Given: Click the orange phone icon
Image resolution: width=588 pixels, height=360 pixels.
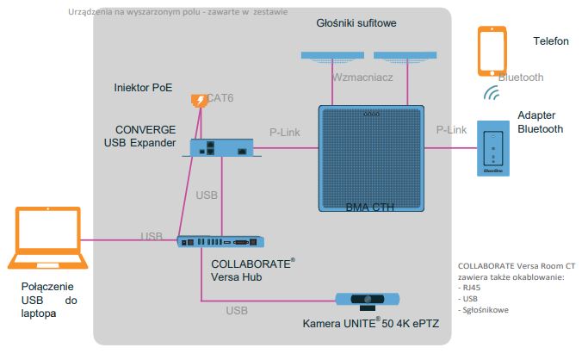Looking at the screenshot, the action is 492,51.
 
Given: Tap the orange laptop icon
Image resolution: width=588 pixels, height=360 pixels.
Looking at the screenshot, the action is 48,238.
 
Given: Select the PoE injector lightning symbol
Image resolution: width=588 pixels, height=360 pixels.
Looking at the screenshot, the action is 200,101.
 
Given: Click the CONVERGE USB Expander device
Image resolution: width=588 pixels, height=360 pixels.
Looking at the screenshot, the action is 221,147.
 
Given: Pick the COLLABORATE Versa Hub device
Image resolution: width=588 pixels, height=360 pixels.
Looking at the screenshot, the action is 220,242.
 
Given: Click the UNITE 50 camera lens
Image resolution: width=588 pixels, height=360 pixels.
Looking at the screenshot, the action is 368,299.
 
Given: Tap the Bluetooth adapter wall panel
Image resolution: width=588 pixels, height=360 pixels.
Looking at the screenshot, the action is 493,148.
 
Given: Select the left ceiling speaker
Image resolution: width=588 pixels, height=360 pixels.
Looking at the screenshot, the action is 332,56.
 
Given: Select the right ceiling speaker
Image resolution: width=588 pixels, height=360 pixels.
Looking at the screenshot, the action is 405,56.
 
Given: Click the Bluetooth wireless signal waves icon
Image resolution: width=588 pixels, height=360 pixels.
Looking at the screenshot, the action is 492,93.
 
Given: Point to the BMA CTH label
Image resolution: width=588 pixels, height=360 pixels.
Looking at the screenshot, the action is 369,208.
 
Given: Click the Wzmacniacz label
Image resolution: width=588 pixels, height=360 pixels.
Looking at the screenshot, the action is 362,78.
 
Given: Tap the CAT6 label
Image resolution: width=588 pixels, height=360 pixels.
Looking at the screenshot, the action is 220,98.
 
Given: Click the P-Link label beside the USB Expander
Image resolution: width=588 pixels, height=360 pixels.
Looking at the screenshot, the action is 285,133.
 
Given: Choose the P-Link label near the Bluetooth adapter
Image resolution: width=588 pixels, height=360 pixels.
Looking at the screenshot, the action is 451,130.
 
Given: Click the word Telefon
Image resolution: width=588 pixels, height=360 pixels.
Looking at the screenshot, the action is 551,40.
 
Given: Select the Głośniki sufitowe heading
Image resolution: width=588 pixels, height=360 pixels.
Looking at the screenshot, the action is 356,23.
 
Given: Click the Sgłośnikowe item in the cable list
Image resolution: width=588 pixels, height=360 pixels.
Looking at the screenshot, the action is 483,310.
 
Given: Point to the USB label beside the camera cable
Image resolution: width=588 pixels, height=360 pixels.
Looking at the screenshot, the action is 237,311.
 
